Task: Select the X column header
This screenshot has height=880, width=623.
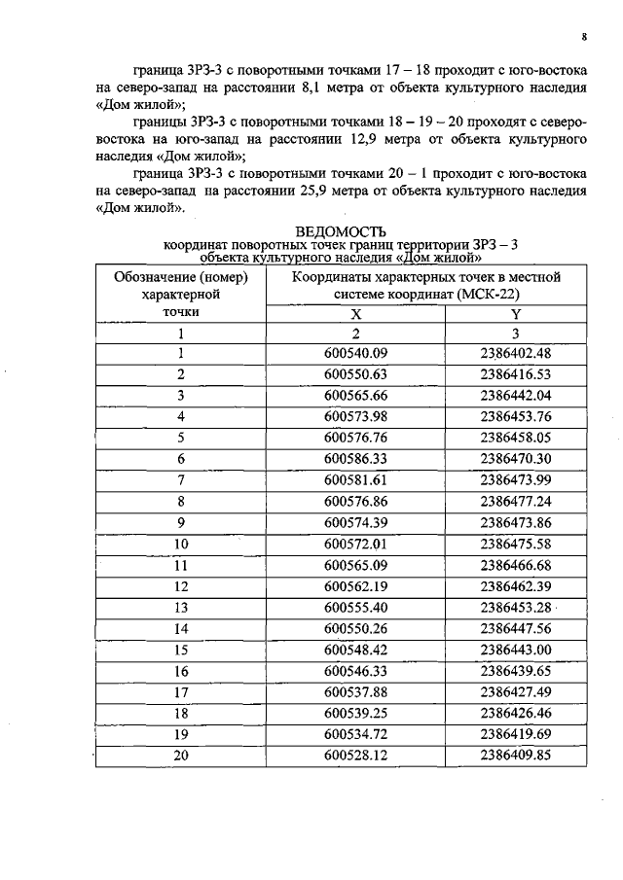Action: (x=355, y=314)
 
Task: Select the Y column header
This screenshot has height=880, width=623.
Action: (x=515, y=314)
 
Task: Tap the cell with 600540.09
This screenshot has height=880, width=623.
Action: (x=355, y=353)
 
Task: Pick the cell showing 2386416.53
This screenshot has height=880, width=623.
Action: (x=515, y=373)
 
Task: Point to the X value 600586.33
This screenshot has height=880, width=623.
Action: (x=355, y=457)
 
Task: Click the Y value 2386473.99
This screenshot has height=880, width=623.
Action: (x=515, y=478)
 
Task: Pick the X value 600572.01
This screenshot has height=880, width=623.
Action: (x=355, y=543)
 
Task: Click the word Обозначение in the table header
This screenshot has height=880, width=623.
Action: (x=159, y=276)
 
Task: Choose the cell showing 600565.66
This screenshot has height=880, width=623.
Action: (x=355, y=395)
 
